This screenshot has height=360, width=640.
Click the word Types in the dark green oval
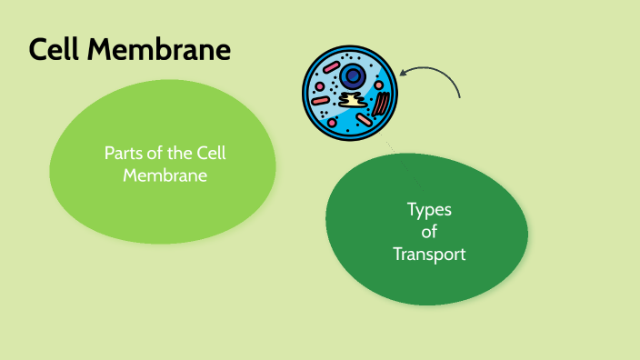[428, 210]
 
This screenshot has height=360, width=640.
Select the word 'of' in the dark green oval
[429, 232]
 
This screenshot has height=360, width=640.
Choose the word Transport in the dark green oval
[429, 255]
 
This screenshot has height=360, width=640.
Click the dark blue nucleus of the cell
[352, 76]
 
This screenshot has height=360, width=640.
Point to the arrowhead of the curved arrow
[401, 73]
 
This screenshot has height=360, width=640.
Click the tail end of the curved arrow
[460, 96]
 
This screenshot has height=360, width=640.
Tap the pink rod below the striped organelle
[365, 120]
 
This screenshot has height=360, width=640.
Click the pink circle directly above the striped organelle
[378, 84]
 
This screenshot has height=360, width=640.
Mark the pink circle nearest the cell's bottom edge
[333, 122]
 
